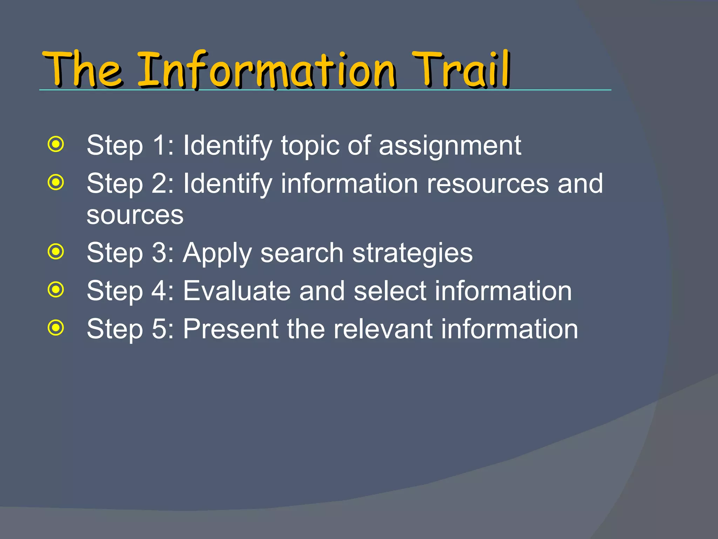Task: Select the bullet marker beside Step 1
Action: (x=56, y=144)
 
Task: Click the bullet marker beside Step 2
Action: (x=56, y=182)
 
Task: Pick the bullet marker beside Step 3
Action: (x=56, y=251)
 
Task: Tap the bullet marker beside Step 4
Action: (x=56, y=290)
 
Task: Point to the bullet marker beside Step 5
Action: (x=56, y=328)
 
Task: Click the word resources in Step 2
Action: (x=487, y=184)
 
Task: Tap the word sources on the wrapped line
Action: (x=135, y=215)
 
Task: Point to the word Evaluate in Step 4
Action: (x=237, y=291)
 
